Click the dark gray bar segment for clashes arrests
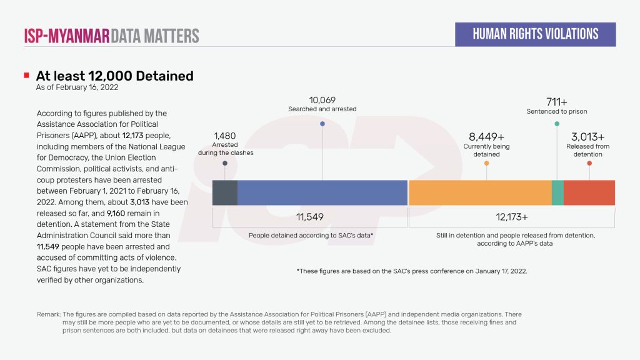click(225, 192)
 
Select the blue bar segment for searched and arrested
click(322, 192)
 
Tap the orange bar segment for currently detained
click(479, 192)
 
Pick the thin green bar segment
click(557, 192)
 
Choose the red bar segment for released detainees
click(589, 192)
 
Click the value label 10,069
click(322, 99)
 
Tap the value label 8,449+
click(486, 136)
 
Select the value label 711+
click(557, 101)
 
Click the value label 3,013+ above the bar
click(588, 136)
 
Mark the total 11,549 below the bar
click(309, 217)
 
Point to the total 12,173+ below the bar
click(511, 217)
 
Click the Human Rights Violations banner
click(535, 34)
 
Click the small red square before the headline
click(26, 76)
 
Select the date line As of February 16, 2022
click(77, 88)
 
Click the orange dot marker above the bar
click(486, 163)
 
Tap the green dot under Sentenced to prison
click(557, 124)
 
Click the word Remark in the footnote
click(49, 314)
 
